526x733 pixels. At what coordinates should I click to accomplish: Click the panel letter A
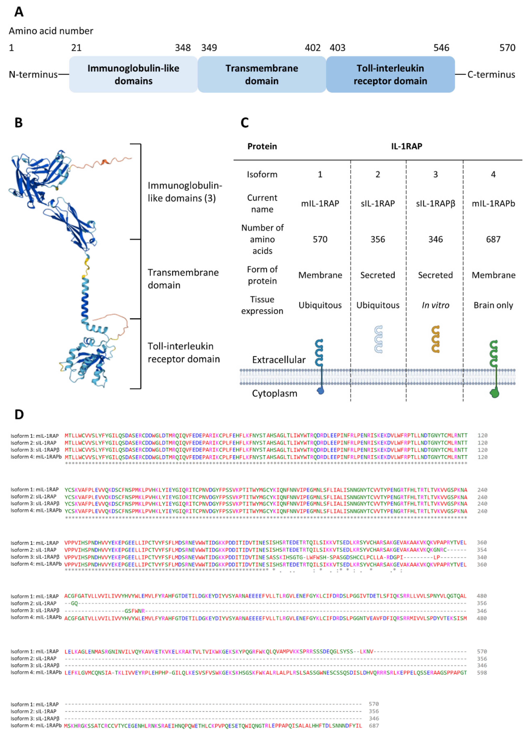[x=19, y=12]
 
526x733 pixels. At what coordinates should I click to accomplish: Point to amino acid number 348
[x=183, y=48]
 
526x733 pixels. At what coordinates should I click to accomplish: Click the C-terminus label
[x=491, y=75]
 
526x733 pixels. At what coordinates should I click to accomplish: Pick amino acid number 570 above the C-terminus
[x=507, y=48]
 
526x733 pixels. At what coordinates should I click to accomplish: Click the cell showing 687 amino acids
[x=493, y=239]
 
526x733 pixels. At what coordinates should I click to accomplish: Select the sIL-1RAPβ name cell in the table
[x=435, y=204]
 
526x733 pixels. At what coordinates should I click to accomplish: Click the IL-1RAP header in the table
[x=406, y=146]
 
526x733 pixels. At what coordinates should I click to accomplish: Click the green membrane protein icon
[x=494, y=368]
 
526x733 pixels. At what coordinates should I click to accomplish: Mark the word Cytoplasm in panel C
[x=274, y=393]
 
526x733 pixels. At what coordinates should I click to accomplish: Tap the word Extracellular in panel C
[x=279, y=360]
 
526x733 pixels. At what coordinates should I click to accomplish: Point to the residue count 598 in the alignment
[x=482, y=673]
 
